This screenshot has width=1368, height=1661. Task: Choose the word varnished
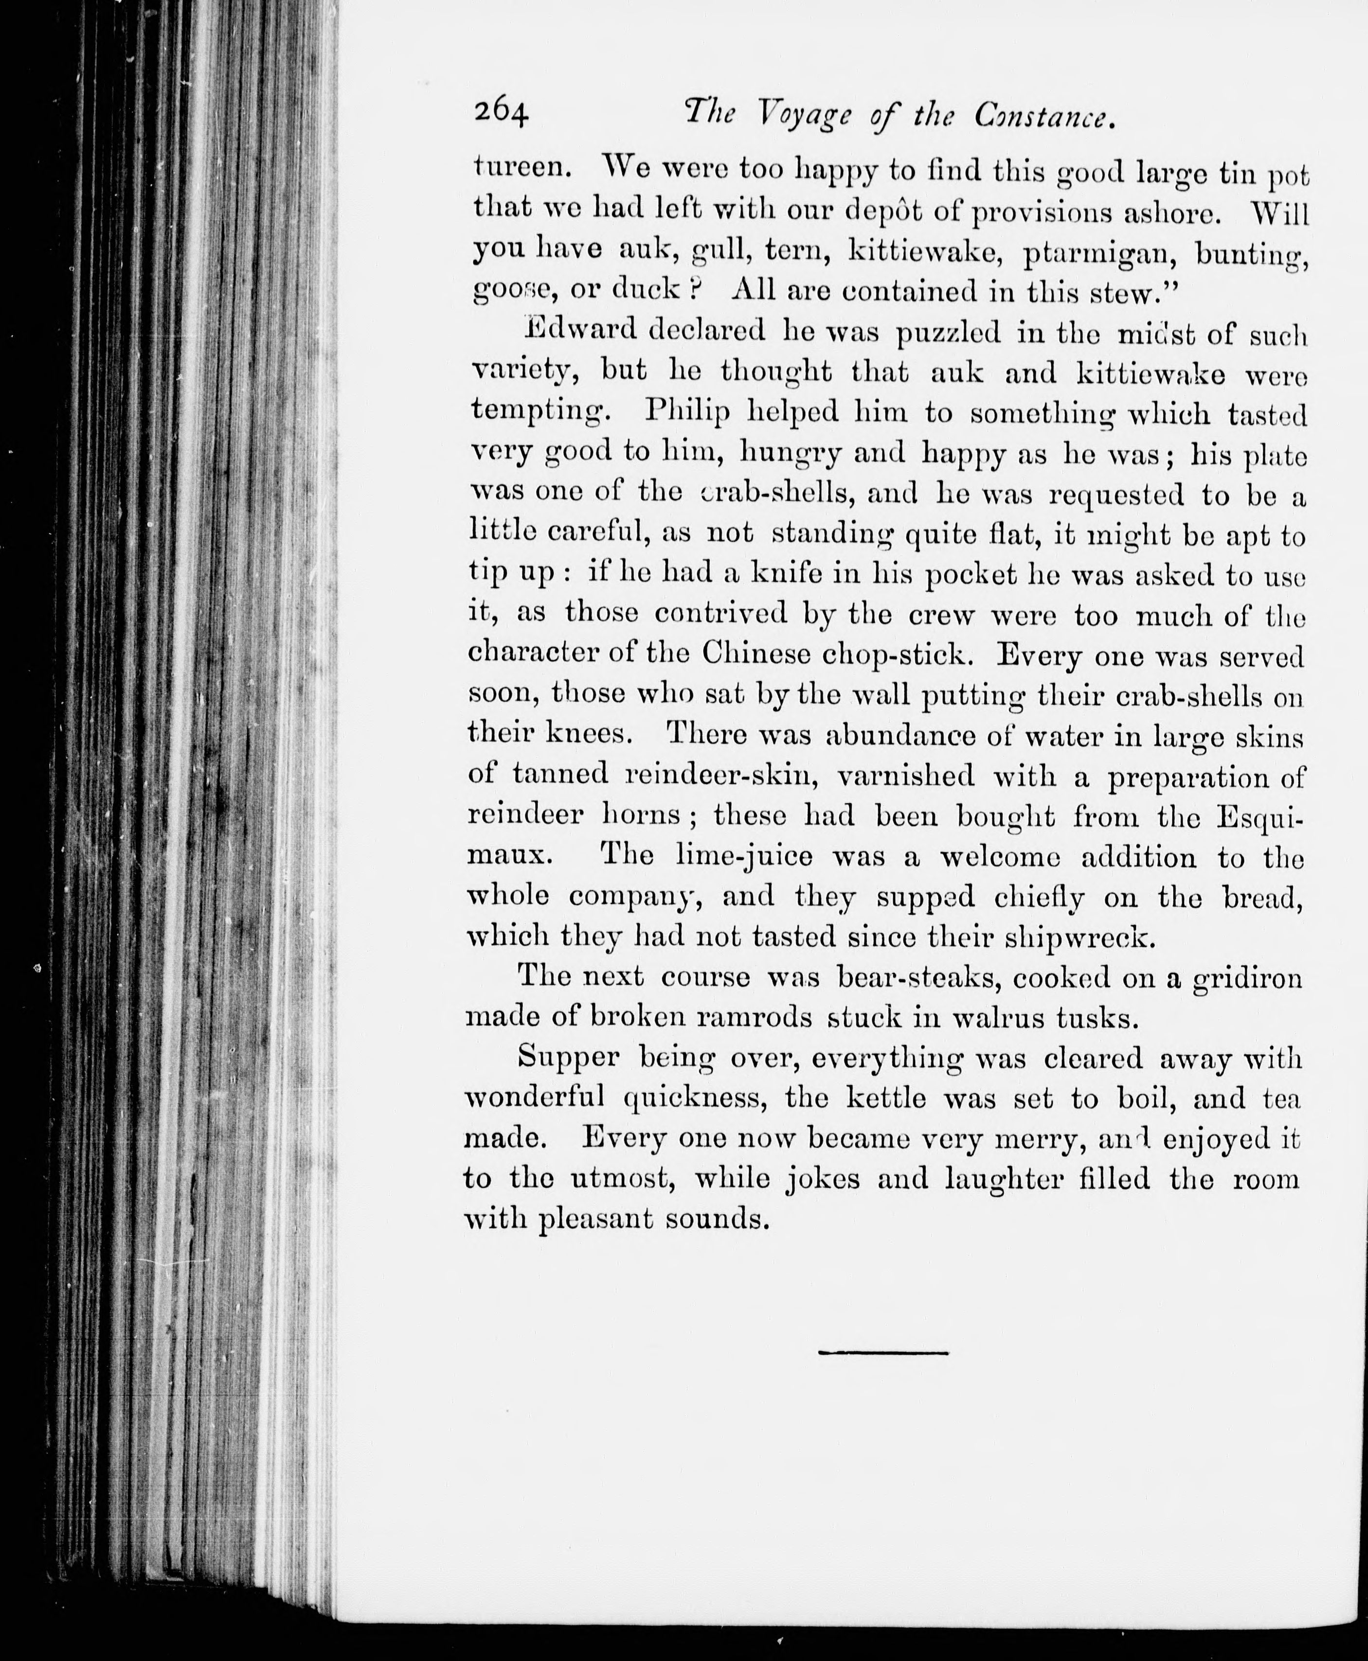906,777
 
